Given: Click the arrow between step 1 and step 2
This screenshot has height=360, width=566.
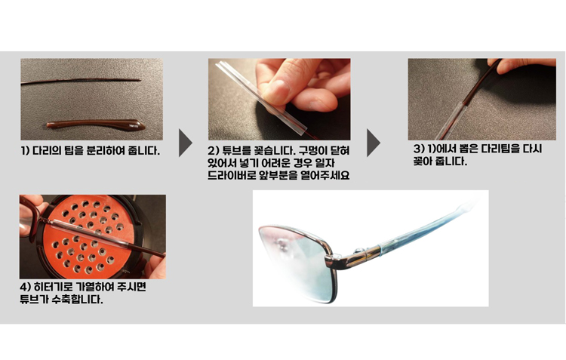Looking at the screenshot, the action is click(x=185, y=143).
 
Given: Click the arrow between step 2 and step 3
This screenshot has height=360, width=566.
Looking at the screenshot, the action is click(x=374, y=143).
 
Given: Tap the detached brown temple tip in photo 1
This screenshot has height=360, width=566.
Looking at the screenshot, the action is click(x=96, y=125).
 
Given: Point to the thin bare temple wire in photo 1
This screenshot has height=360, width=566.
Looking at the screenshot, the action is click(x=81, y=81).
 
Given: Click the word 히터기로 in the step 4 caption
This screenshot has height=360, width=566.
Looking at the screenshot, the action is click(x=54, y=287).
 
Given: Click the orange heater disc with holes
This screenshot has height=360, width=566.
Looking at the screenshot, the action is click(x=88, y=236).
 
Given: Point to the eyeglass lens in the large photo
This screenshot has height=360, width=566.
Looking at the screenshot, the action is click(x=297, y=263).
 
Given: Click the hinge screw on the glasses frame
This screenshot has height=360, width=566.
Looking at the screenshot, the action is click(x=358, y=251).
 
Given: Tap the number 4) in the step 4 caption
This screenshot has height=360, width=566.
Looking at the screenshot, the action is click(x=25, y=287).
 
